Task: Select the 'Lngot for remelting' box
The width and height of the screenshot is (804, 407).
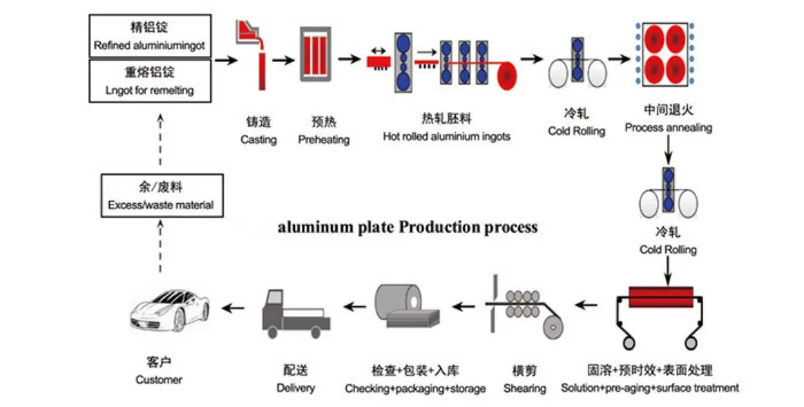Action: (149, 82)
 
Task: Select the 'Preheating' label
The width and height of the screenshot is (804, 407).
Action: (324, 139)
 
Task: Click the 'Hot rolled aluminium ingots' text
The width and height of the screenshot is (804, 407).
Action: (446, 137)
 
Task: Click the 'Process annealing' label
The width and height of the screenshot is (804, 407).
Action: (668, 128)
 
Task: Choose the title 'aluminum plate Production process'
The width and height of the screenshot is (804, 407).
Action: (408, 227)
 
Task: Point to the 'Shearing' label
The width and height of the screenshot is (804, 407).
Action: (524, 389)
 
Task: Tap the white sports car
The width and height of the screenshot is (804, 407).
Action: (168, 307)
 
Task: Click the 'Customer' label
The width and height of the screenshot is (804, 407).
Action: (159, 379)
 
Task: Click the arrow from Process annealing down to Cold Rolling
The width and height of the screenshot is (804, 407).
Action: (667, 152)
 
